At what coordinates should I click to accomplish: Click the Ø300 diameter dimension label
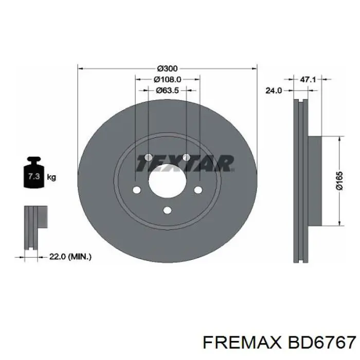[167, 69]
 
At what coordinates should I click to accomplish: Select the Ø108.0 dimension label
[167, 80]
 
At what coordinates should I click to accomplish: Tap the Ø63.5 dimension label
[167, 91]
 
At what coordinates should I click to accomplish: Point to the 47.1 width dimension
[307, 80]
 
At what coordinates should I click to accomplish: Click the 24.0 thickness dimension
[273, 91]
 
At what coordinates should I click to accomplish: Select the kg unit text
[51, 177]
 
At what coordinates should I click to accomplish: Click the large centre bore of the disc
[167, 183]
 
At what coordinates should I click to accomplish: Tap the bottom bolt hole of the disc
[167, 210]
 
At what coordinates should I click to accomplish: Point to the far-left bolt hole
[136, 190]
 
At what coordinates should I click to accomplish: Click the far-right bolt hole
[199, 190]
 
